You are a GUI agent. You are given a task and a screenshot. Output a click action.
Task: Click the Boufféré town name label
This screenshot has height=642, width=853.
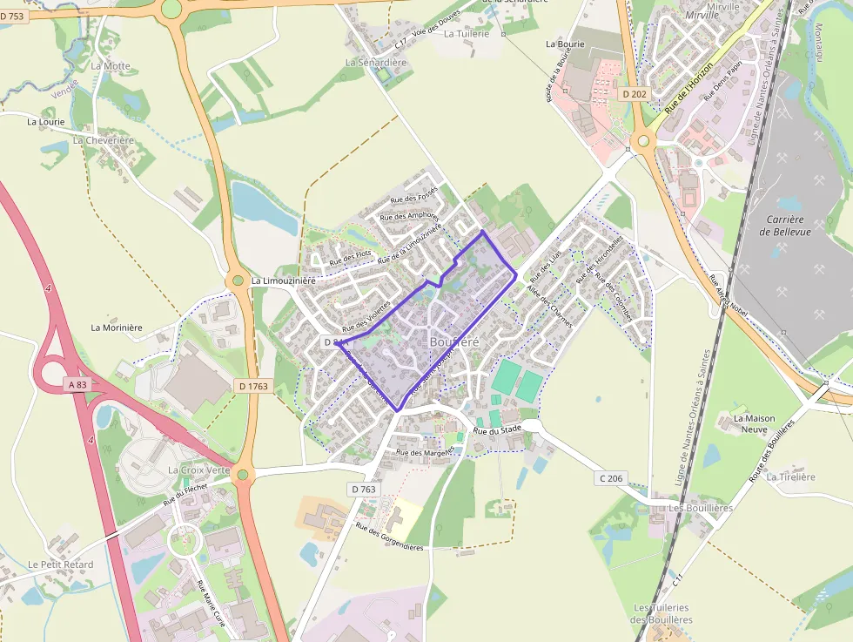[453, 342]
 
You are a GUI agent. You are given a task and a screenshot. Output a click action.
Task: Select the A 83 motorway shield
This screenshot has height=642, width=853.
[77, 383]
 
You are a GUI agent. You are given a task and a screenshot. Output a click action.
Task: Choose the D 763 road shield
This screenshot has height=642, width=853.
[364, 490]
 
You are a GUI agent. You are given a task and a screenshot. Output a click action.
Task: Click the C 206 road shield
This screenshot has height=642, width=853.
[611, 478]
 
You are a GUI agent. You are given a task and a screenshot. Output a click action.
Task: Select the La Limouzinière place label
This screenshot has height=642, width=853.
[283, 281]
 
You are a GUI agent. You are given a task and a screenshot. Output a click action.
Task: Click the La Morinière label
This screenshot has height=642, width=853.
[117, 328]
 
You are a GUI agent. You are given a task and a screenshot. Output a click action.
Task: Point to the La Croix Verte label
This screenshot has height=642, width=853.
[198, 470]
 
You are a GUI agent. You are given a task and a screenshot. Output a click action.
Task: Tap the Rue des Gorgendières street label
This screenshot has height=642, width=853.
[389, 537]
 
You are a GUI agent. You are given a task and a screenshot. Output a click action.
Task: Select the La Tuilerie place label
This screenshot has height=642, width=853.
[467, 34]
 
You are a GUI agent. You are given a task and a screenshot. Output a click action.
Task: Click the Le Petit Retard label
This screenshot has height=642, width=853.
[60, 564]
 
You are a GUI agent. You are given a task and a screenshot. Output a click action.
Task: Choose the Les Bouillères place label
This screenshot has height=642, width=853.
[700, 507]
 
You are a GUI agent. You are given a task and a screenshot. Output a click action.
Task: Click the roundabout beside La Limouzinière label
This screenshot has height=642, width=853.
[237, 280]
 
